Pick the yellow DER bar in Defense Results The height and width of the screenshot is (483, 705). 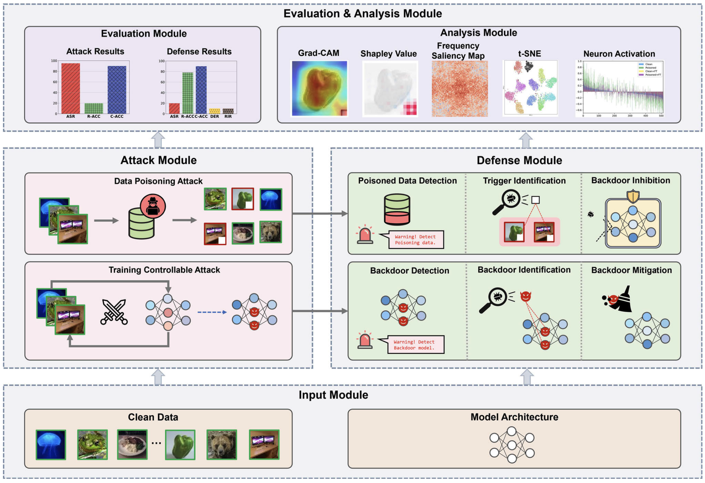tap(215, 111)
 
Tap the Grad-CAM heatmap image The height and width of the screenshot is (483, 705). tap(319, 88)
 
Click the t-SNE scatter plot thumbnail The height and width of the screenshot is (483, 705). tap(530, 88)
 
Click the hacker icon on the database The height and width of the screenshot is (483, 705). tap(153, 206)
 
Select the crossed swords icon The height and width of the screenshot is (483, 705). tap(114, 312)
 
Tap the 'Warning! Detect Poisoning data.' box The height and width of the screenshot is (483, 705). tap(416, 240)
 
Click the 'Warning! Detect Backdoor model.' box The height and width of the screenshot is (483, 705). tap(415, 344)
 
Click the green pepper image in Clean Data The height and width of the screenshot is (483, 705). tap(180, 445)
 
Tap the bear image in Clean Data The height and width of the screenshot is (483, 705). tap(222, 445)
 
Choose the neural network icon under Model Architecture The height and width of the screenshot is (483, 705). tap(512, 445)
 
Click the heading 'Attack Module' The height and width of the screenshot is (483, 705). tap(158, 160)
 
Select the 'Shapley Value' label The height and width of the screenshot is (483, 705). tap(388, 54)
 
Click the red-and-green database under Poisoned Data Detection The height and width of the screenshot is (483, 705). tap(397, 209)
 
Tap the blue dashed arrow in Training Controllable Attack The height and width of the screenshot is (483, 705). tap(212, 312)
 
